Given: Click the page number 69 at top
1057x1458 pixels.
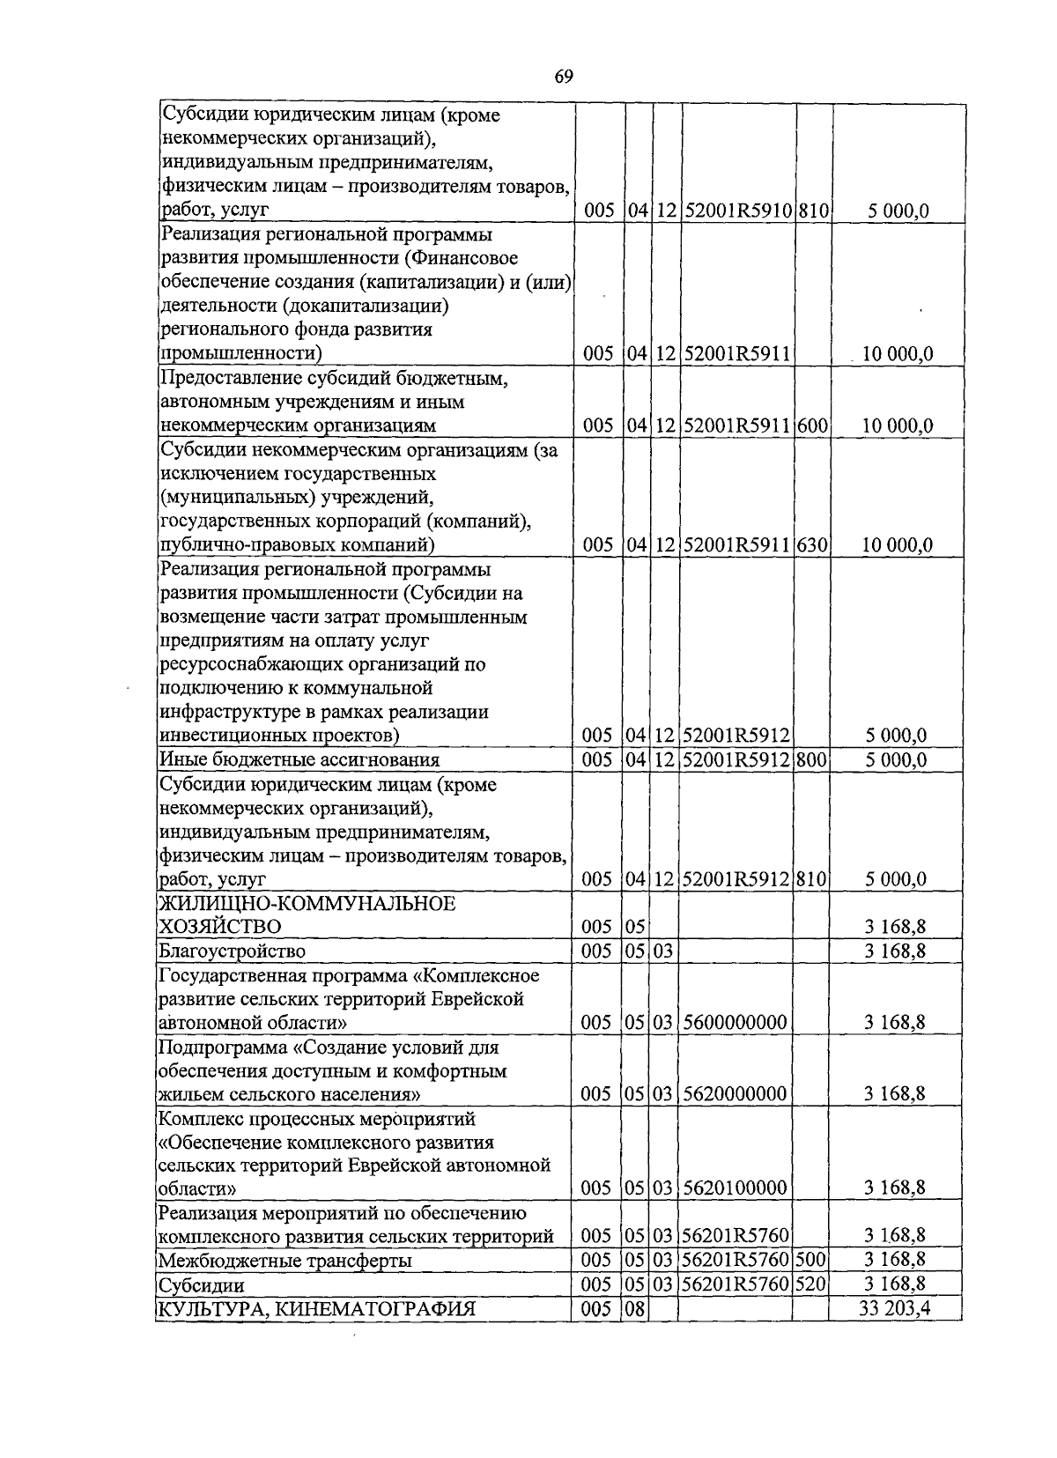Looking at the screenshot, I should point(564,78).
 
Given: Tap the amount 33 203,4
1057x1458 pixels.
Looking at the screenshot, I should point(895,1308).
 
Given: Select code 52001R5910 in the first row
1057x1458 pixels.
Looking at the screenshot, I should point(737,211).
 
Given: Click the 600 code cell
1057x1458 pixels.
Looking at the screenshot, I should point(812,426).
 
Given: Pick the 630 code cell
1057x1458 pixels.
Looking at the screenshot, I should point(812,545).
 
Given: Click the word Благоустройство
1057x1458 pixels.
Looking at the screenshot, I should point(232,951).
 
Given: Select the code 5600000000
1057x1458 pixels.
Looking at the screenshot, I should point(735,1023).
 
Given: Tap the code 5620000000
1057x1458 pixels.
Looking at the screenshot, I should point(735,1094).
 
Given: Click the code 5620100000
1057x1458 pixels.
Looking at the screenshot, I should point(735,1189).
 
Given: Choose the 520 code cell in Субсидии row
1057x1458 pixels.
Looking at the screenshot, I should point(809,1284).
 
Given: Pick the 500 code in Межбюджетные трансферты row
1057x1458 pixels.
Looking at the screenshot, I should point(809,1261).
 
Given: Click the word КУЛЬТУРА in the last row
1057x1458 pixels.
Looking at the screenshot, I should point(207,1309).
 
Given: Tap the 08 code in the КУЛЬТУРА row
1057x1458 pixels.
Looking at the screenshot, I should point(635,1309).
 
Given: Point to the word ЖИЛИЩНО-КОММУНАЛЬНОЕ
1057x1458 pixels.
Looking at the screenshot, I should point(307,904).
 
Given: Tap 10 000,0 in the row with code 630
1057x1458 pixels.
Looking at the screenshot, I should point(897,545).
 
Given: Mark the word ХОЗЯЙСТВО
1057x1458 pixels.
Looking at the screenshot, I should point(219,927).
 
